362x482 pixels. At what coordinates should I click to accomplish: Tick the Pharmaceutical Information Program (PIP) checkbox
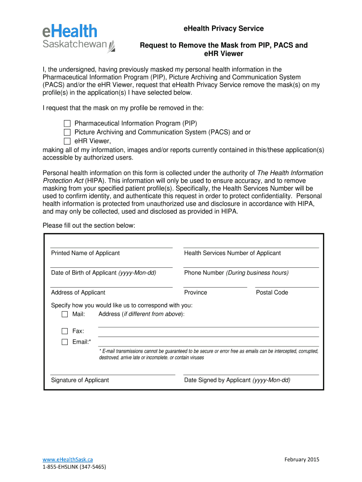tap(67, 123)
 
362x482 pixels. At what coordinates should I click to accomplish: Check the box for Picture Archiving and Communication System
tap(67, 132)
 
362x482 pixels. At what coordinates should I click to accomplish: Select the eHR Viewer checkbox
tap(67, 141)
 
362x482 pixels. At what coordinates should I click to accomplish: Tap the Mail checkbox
tap(65, 314)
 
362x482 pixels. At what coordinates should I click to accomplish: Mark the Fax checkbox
tap(65, 331)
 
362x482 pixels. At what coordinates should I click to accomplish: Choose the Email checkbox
tap(65, 342)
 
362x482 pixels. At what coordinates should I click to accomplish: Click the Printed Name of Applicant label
tap(85, 253)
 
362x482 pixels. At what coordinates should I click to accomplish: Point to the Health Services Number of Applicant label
tap(232, 253)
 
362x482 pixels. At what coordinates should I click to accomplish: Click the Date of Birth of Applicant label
tap(103, 273)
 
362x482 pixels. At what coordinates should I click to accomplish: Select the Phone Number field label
tap(236, 273)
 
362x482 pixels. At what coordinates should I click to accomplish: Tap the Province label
tap(196, 293)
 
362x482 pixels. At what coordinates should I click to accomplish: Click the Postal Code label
tap(272, 293)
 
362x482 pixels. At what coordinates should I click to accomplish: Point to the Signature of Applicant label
tap(80, 380)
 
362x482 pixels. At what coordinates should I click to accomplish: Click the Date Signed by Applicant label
tap(237, 380)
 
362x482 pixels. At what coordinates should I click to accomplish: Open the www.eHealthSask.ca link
tap(68, 459)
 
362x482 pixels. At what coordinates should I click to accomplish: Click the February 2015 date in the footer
tap(301, 459)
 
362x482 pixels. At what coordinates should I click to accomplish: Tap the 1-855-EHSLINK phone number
tap(74, 467)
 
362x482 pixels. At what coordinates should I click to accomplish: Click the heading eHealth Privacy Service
tap(223, 29)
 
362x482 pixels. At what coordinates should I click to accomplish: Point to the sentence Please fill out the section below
tap(89, 225)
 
